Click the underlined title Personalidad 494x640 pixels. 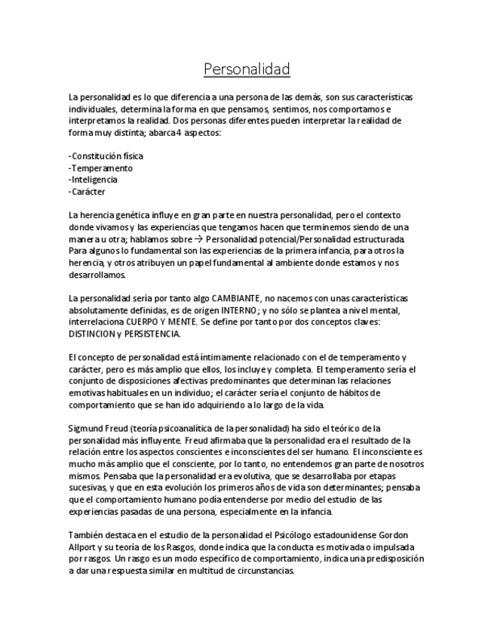pyautogui.click(x=247, y=69)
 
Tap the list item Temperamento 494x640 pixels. pyautogui.click(x=101, y=168)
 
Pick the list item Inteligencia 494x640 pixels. pyautogui.click(x=94, y=180)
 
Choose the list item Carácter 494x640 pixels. pyautogui.click(x=88, y=192)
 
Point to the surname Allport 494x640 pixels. pyautogui.click(x=82, y=547)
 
